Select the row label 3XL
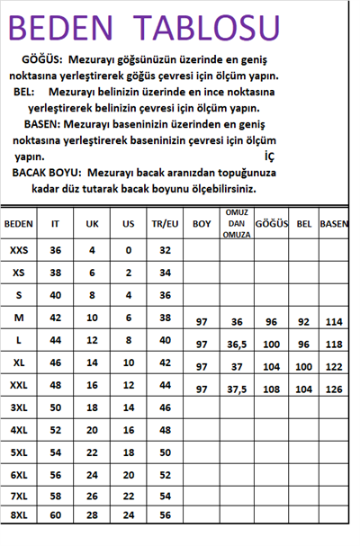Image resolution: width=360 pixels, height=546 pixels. (18, 407)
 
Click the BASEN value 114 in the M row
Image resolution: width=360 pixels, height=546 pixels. (334, 321)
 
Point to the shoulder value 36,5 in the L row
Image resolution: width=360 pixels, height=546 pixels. (237, 345)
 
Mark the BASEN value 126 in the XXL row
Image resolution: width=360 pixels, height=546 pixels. (334, 389)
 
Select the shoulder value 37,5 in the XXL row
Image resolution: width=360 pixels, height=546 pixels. (237, 389)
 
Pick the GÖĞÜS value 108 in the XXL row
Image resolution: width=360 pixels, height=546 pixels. (271, 389)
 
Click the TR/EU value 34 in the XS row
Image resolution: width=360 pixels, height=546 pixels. (164, 272)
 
